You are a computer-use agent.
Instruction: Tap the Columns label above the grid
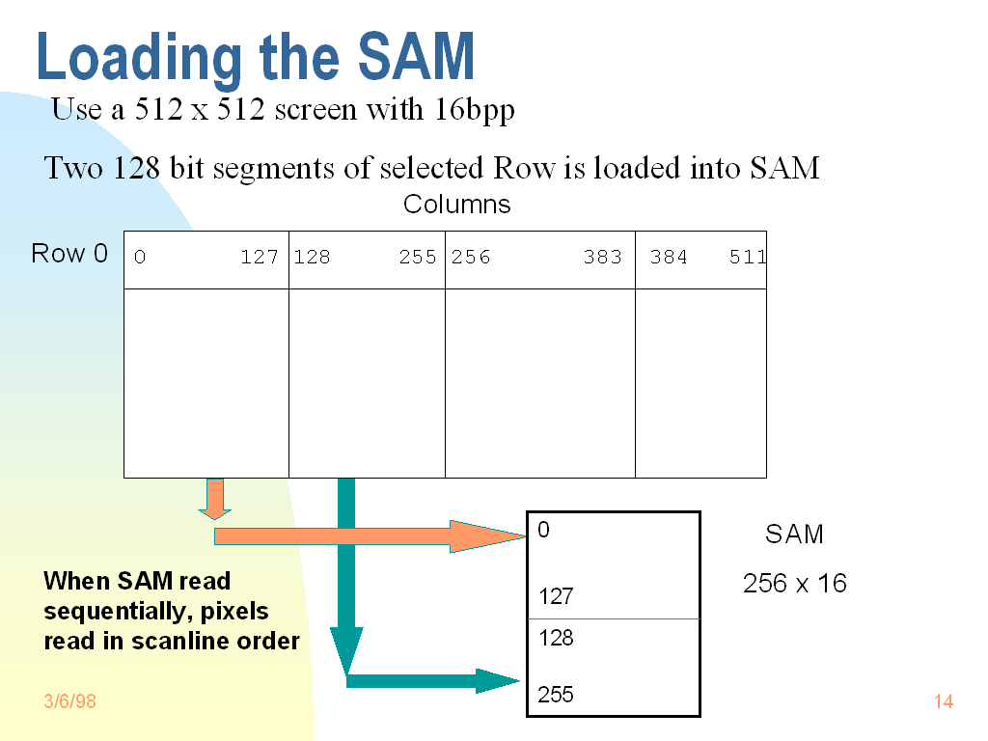456,205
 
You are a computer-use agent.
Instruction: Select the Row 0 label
69,254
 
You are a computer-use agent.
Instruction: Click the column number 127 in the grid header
260,258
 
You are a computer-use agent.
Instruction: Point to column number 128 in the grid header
312,258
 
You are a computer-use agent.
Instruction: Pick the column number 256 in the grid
471,258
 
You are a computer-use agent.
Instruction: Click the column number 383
602,258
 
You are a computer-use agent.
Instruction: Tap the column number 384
669,258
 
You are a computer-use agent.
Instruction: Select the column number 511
748,258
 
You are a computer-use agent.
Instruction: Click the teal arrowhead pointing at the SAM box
498,681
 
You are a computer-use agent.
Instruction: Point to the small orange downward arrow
215,499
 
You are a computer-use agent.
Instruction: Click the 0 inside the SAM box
544,530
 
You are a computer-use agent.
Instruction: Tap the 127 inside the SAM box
556,597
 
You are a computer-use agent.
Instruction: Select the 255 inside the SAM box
556,695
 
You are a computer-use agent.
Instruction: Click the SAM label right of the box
794,535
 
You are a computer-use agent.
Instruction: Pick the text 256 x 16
795,584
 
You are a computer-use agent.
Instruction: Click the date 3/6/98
69,701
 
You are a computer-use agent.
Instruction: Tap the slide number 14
944,701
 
